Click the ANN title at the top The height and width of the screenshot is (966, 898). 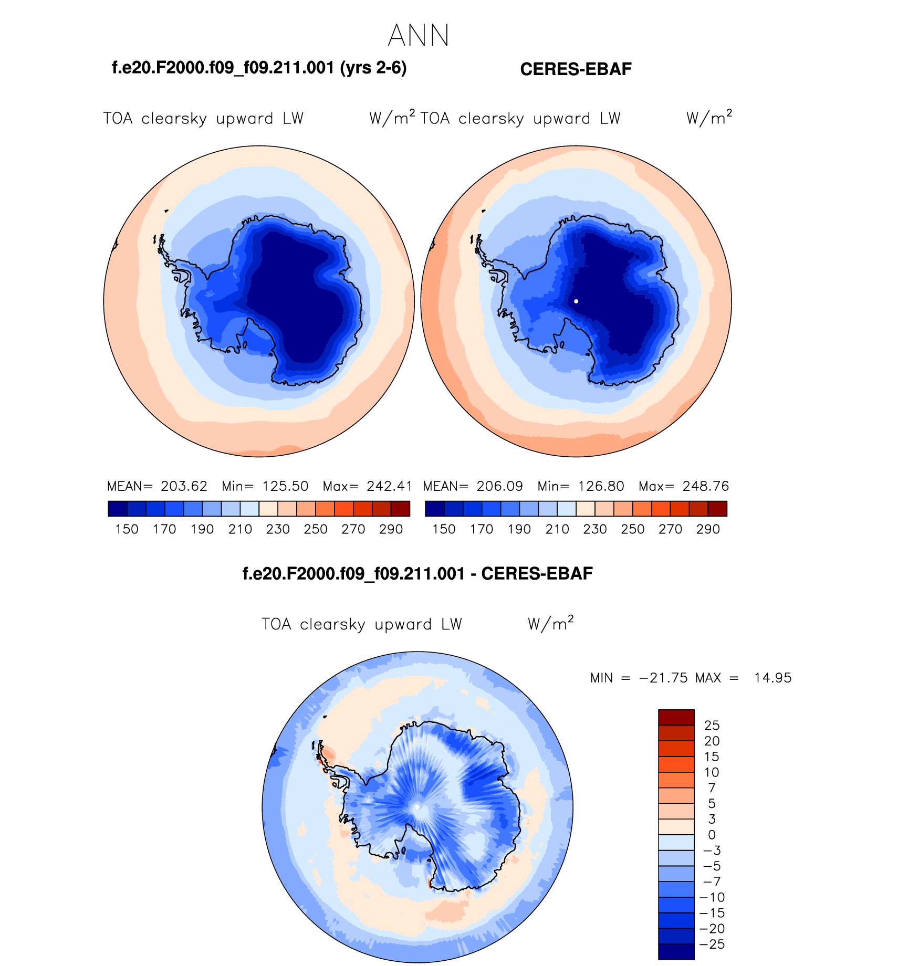(x=419, y=36)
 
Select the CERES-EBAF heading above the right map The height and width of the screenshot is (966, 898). (x=576, y=69)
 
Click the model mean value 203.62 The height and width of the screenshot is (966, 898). (x=184, y=486)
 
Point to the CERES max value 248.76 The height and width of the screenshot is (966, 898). (x=706, y=486)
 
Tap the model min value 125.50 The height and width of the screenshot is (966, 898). (x=285, y=486)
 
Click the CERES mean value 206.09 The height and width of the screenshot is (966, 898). (x=499, y=486)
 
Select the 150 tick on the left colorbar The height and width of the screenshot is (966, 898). (x=127, y=529)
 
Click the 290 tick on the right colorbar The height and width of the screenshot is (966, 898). (x=708, y=529)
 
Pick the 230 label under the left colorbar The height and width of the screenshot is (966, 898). (x=278, y=529)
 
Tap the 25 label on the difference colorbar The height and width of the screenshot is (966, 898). (x=712, y=726)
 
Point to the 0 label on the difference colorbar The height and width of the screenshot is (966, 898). (x=712, y=835)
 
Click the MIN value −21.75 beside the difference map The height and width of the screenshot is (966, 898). (x=663, y=678)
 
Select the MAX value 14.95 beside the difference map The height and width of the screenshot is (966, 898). (x=772, y=678)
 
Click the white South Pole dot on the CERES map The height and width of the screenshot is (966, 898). (x=576, y=301)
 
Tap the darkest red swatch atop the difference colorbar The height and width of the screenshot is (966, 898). (x=676, y=717)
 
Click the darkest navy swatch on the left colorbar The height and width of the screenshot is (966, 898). (x=117, y=509)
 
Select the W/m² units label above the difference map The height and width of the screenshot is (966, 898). (x=550, y=624)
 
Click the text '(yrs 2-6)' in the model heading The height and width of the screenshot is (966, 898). (x=373, y=68)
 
